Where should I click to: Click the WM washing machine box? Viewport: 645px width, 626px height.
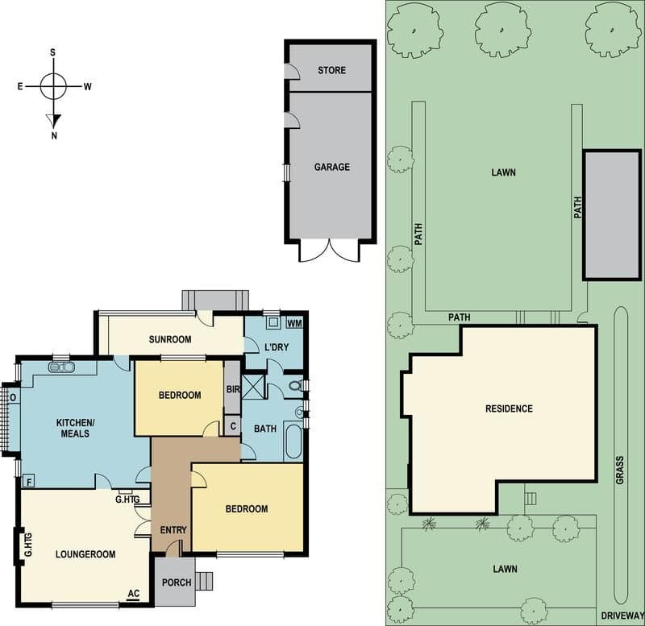[x=294, y=322]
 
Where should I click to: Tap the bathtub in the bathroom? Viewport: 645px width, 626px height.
[x=293, y=441]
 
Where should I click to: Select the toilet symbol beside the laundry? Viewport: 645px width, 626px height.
[x=295, y=386]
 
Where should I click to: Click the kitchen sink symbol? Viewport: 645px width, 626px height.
[x=61, y=367]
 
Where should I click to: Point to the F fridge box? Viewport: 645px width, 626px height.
[x=28, y=481]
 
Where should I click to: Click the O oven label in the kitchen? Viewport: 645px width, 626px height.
[x=13, y=397]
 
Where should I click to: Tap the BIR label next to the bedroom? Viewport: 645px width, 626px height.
[x=233, y=389]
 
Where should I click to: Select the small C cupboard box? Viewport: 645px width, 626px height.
[x=233, y=426]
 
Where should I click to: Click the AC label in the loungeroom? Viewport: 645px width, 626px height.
[x=134, y=594]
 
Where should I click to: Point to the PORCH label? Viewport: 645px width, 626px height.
[x=177, y=582]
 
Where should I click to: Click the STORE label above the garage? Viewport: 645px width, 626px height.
[x=331, y=70]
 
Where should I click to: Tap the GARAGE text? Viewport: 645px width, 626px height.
[x=332, y=167]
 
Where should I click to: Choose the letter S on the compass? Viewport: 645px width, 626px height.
[x=52, y=52]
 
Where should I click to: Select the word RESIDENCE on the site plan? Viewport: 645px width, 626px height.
[x=509, y=408]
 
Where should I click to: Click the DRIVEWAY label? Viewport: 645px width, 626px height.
[x=622, y=616]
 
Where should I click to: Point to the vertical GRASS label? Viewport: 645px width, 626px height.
[x=620, y=470]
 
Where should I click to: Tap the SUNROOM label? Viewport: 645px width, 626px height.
[x=170, y=339]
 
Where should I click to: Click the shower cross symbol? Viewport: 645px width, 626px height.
[x=253, y=387]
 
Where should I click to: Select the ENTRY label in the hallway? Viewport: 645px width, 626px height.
[x=173, y=530]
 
